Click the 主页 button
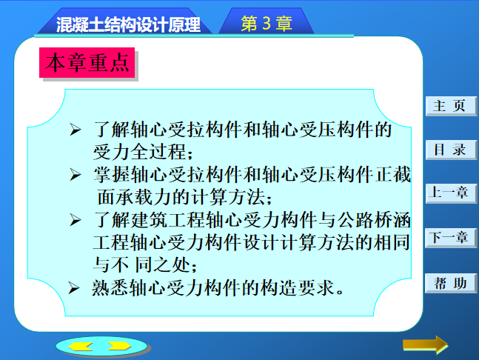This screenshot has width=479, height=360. click(451, 106)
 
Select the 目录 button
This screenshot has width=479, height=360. click(451, 150)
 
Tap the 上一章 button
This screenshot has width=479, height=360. click(451, 193)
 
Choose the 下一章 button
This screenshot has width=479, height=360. click(451, 238)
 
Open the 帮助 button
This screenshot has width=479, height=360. click(451, 283)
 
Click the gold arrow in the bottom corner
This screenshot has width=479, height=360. click(425, 345)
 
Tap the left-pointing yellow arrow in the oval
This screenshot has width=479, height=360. click(81, 346)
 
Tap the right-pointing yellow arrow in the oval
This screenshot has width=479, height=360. click(119, 346)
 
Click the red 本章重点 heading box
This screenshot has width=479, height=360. click(87, 63)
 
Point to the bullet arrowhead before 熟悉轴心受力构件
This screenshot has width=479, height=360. click(74, 288)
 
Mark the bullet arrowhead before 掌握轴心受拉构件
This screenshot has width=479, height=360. click(76, 175)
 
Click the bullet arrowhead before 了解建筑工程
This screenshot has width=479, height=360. click(76, 220)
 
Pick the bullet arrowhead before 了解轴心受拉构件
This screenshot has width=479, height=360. click(76, 130)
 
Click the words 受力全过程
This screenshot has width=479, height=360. click(139, 152)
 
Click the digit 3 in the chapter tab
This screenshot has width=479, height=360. click(267, 23)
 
